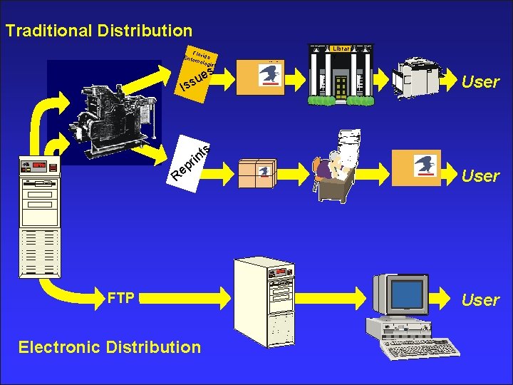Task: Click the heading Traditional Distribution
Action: pos(98,31)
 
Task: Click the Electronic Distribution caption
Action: pos(110,347)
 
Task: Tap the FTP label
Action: pos(120,297)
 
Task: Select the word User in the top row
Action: pos(480,81)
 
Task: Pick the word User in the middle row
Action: pos(480,175)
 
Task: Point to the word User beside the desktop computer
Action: pos(480,299)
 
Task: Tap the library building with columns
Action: pos(341,76)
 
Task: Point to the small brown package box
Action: pos(257,170)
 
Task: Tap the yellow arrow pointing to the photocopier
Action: pos(388,79)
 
